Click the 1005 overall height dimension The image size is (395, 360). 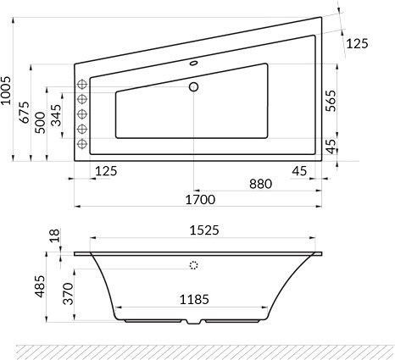pos(6,91)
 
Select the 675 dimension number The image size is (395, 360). pos(24,112)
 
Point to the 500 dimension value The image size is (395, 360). pos(41,123)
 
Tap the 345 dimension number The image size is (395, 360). pos(56,115)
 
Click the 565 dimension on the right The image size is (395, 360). pos(331,101)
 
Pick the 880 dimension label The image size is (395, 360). pos(260,184)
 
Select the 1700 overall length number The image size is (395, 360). pos(200,200)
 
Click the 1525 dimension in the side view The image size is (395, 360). pos(204,230)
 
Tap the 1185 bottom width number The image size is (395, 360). pos(194,299)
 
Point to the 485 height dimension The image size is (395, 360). pos(40,286)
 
